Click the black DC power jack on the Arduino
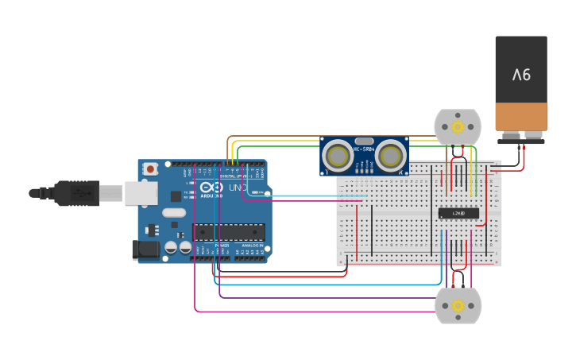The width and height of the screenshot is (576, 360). coord(147,250)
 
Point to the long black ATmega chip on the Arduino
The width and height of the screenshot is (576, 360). coord(229,231)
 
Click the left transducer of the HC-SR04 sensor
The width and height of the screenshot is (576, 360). coord(339,156)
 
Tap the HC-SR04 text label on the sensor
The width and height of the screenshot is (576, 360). coord(364,149)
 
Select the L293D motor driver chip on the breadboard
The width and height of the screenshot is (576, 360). coord(458,213)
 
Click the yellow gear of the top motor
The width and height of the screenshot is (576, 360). coord(458,126)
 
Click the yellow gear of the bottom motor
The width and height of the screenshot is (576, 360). coord(458,306)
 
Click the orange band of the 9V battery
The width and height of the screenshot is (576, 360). coord(521,118)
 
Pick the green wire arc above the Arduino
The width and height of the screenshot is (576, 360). coord(278,147)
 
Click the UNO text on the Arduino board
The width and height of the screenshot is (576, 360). coord(238,188)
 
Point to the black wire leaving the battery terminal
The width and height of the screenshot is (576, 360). coord(524,159)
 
